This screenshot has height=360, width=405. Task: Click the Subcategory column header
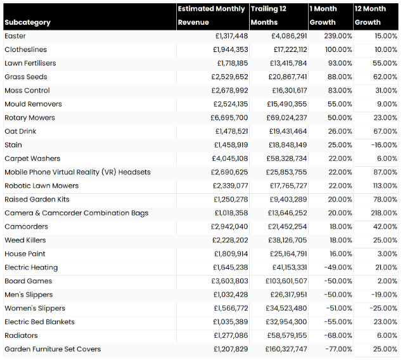27,22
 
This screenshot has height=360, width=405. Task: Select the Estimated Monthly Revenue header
211,15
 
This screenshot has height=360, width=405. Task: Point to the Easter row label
15,36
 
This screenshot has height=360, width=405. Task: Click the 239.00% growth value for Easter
337,36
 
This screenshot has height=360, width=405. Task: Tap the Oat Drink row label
20,131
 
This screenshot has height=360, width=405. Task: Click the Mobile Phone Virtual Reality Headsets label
77,172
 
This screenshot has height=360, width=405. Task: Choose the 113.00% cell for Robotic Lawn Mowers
383,186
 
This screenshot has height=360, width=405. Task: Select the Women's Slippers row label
35,308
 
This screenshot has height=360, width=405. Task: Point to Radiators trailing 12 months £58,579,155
282,335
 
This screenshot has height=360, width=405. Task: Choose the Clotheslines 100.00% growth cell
337,49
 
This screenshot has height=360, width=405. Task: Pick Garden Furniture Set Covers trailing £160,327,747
280,349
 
